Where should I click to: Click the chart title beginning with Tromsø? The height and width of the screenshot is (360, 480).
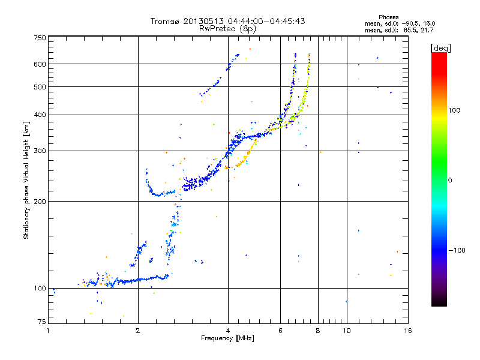point(227,21)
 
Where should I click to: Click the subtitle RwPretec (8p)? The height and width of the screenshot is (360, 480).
point(227,28)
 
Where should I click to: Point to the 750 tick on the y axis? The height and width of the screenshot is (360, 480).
point(40,38)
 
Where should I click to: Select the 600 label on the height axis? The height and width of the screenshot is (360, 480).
point(40,64)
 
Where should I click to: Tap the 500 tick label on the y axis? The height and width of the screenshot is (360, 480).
point(40,87)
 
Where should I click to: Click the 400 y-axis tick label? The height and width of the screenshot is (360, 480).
point(40,115)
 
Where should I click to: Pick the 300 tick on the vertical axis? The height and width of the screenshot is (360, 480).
point(40,151)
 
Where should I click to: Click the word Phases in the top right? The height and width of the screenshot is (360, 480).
point(390,16)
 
